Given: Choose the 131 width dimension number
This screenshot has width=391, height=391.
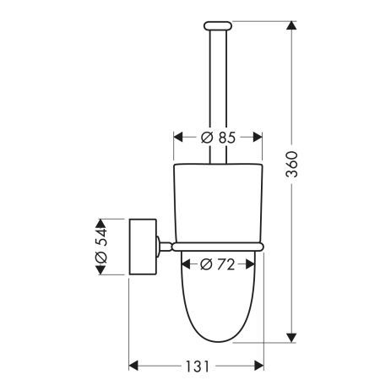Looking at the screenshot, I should point(198,367).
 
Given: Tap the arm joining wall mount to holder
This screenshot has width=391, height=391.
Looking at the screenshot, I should point(165,245).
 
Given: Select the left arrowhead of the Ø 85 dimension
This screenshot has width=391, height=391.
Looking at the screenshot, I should point(178,138).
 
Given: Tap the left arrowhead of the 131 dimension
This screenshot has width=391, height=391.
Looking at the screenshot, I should point(133,367).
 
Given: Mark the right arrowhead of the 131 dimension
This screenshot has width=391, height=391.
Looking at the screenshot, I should point(259,367).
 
